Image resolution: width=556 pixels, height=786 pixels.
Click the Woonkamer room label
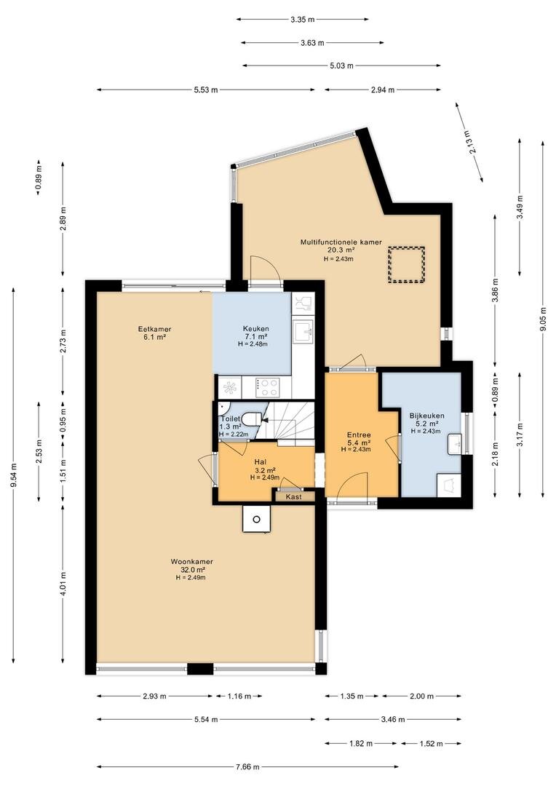tap(192, 561)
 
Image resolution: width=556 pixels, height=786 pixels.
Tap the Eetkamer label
tap(155, 329)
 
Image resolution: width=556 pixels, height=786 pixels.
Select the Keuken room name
tap(256, 329)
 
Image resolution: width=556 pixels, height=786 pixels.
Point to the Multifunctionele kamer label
tap(341, 242)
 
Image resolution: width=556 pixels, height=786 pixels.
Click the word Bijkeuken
tap(426, 416)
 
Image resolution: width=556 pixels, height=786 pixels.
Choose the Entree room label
tap(359, 434)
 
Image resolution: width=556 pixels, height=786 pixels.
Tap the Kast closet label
tap(294, 497)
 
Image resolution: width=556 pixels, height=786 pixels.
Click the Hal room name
tap(261, 461)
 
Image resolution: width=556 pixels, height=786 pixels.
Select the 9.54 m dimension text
tap(13, 475)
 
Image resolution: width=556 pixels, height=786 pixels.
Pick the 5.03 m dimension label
tap(341, 65)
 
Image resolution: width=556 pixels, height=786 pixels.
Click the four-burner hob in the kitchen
tap(267, 387)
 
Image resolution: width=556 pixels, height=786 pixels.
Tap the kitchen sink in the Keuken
tap(303, 330)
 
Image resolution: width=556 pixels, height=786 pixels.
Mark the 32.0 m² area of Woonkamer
tap(193, 570)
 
